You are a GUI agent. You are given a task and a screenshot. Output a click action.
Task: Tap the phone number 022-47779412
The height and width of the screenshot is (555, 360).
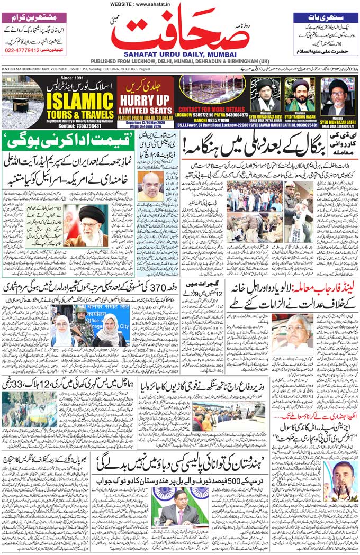[24, 50]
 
